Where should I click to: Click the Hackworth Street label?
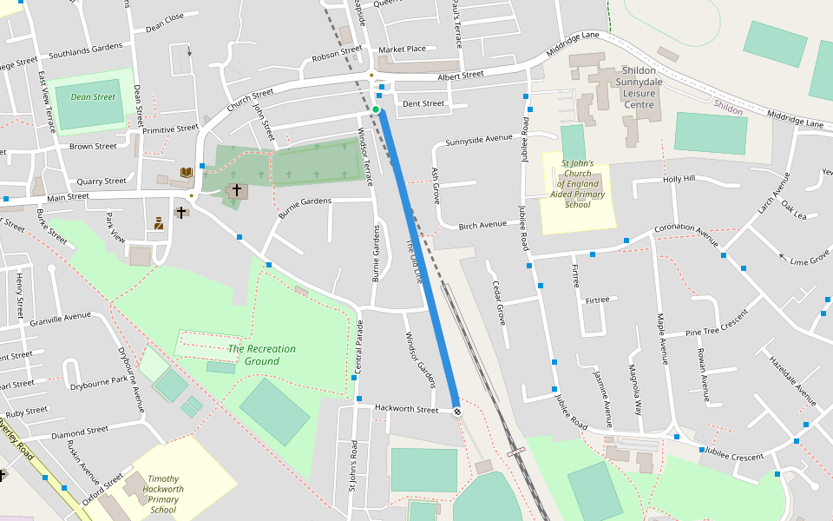pyautogui.click(x=406, y=408)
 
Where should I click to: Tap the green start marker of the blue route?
pyautogui.click(x=377, y=110)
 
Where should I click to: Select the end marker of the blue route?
pyautogui.click(x=456, y=411)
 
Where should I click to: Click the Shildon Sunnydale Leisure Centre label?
pyautogui.click(x=640, y=88)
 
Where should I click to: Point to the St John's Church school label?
pyautogui.click(x=577, y=184)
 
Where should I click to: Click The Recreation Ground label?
pyautogui.click(x=261, y=354)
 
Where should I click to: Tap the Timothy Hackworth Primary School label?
pyautogui.click(x=164, y=494)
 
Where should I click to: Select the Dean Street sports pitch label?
pyautogui.click(x=92, y=97)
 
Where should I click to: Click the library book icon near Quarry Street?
pyautogui.click(x=186, y=173)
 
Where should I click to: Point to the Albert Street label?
pyautogui.click(x=460, y=76)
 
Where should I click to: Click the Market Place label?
pyautogui.click(x=402, y=49)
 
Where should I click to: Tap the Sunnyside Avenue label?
pyautogui.click(x=479, y=139)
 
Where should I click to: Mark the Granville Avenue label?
pyautogui.click(x=60, y=320)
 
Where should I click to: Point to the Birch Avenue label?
pyautogui.click(x=482, y=224)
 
